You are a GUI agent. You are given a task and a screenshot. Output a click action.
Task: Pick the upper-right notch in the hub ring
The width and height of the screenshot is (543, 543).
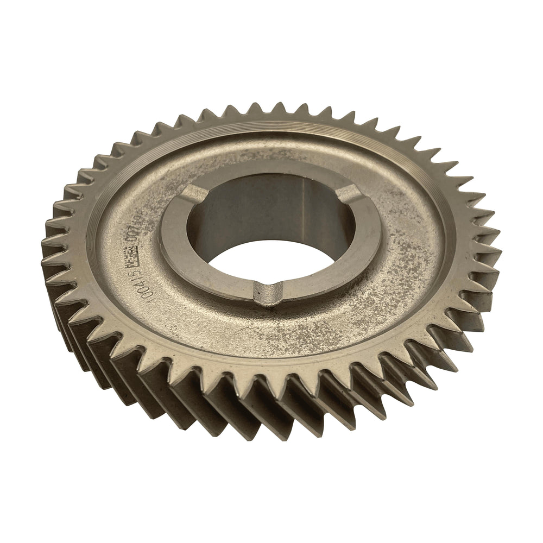click(351, 192)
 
